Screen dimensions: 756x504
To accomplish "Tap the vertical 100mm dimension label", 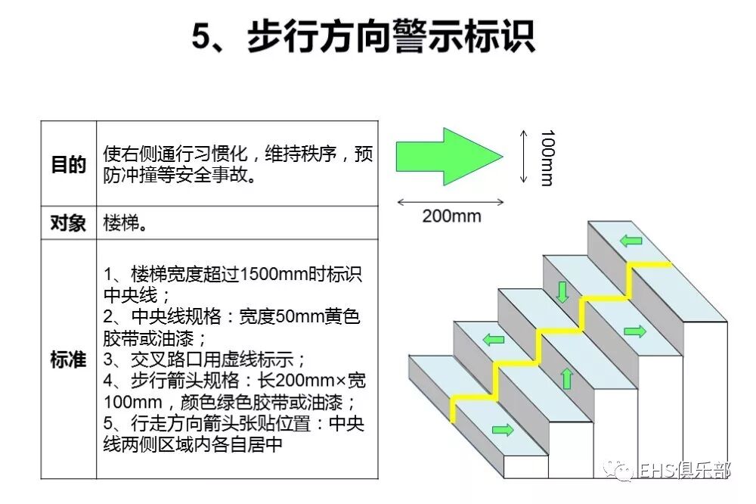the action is (x=547, y=157).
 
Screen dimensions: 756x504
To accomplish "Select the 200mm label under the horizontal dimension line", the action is (x=451, y=216).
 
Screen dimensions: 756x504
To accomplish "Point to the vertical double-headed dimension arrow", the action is (x=522, y=157).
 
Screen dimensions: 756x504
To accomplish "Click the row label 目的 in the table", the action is (x=68, y=164).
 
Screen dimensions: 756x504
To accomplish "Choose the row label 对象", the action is (x=68, y=224).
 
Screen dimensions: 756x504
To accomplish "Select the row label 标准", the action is (x=68, y=359).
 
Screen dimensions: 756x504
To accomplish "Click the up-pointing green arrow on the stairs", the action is (x=566, y=378).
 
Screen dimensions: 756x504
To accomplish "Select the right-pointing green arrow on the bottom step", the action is (x=500, y=431).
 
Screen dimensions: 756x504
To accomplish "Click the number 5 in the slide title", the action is (x=199, y=36).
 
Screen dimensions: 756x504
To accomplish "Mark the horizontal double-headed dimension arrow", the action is (x=451, y=201).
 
